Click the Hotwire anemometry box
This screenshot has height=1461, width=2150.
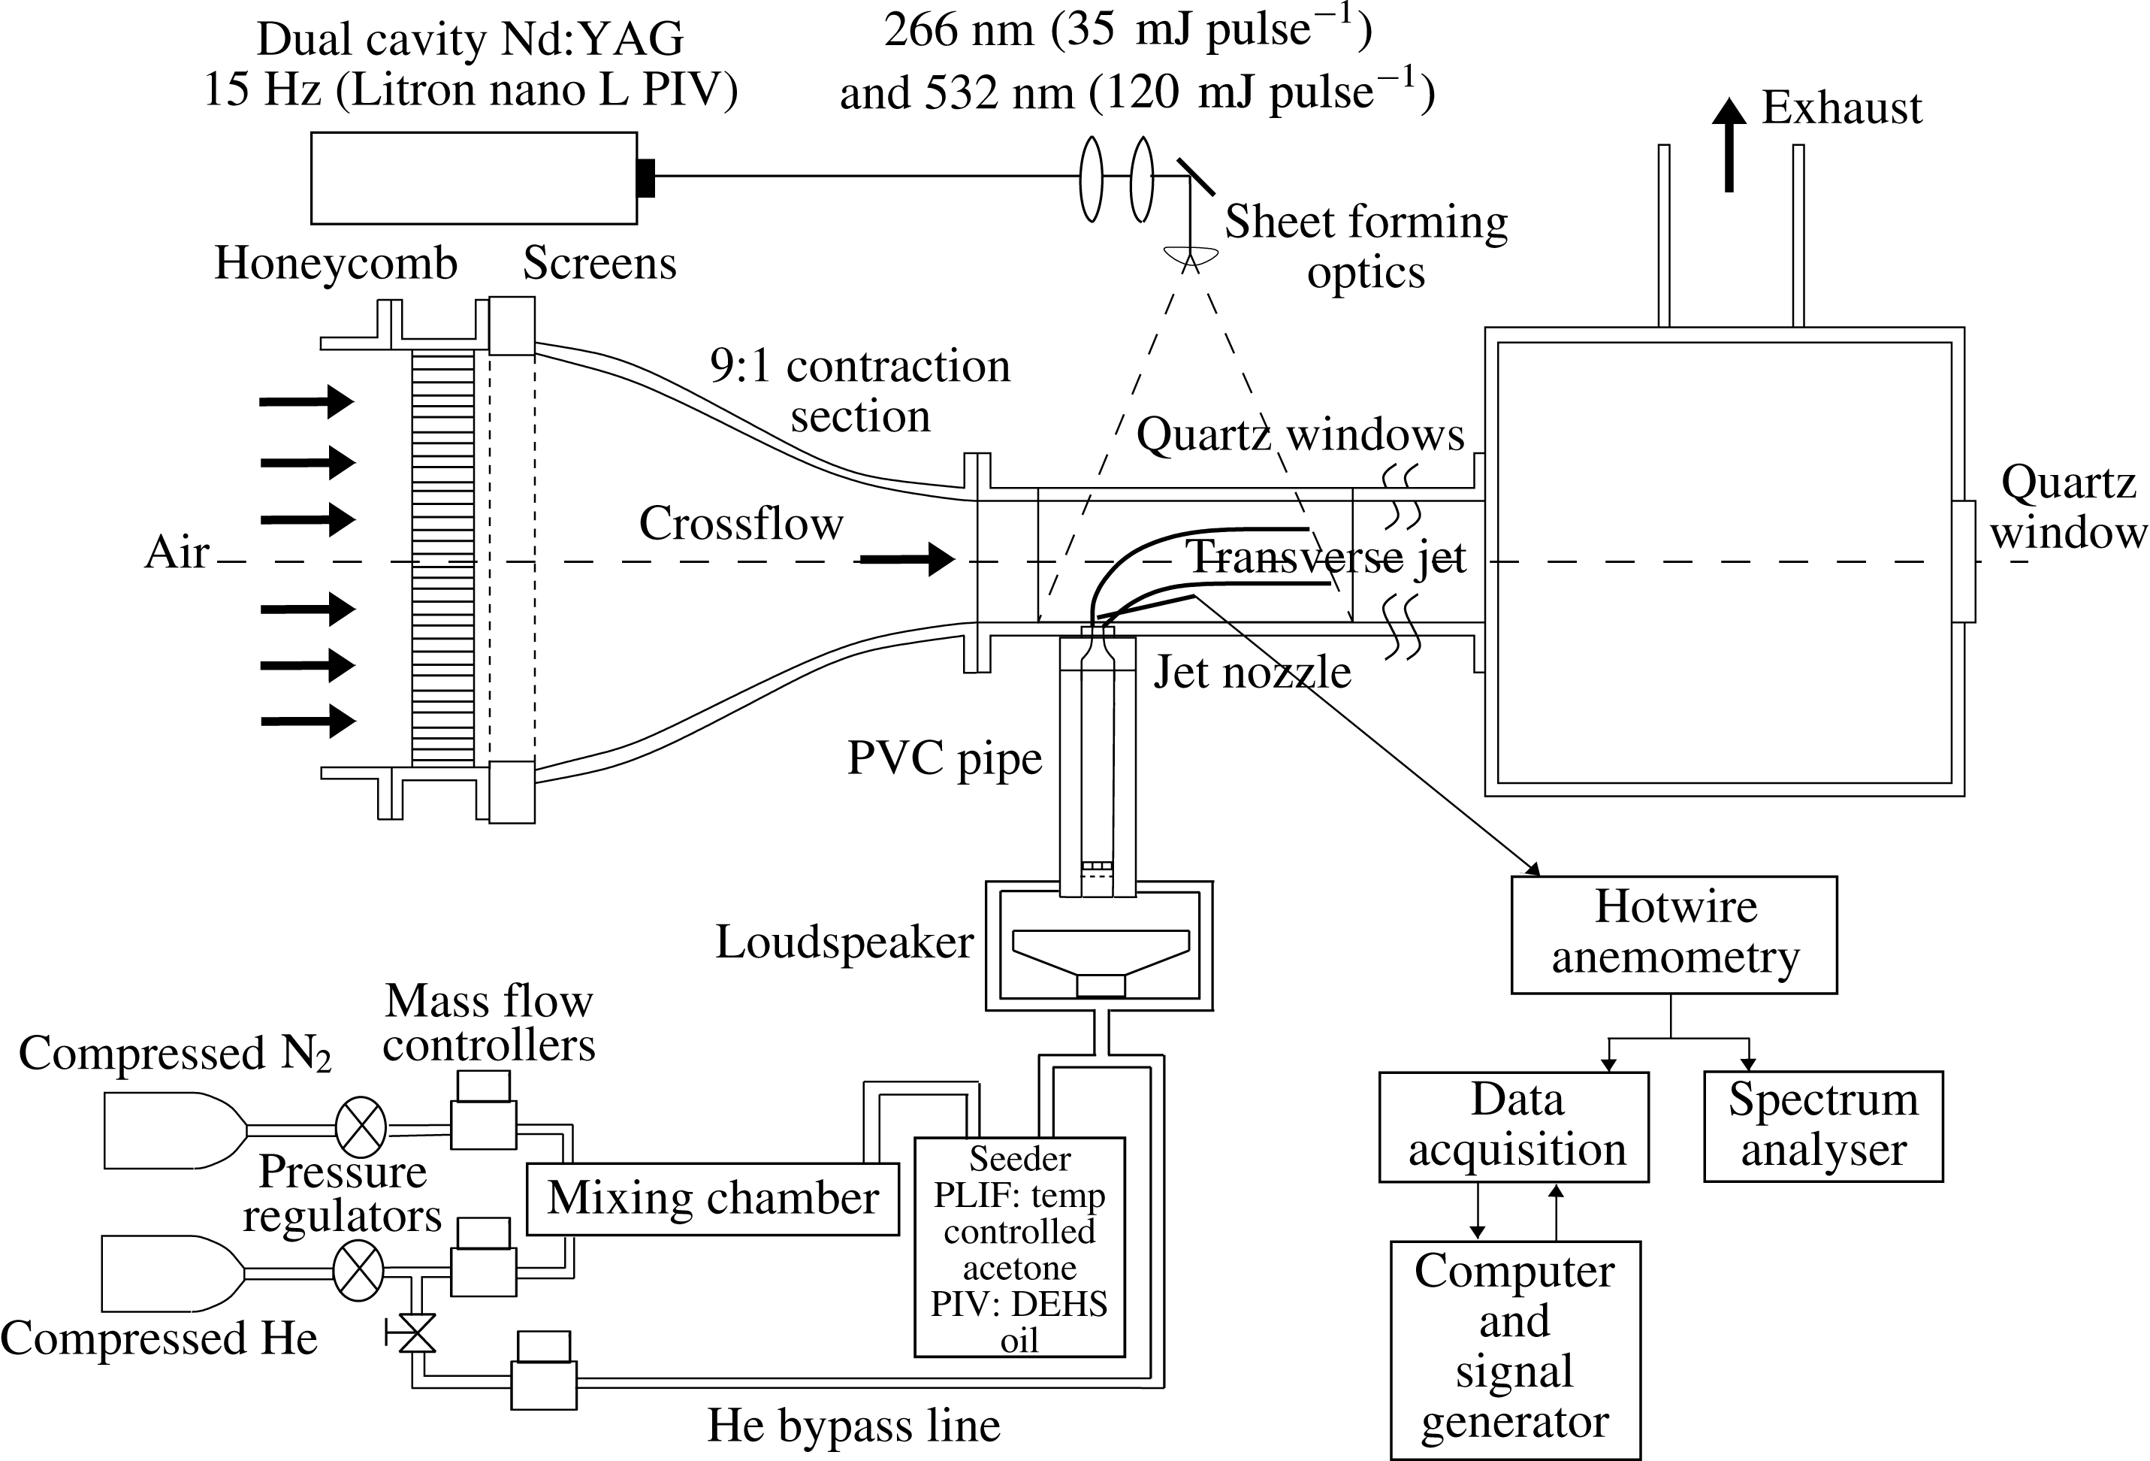[1674, 934]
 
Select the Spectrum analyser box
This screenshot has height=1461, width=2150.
[1822, 1126]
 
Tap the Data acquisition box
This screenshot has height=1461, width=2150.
[1514, 1126]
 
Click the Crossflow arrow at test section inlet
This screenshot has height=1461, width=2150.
[907, 559]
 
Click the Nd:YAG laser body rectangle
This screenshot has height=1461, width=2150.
[474, 177]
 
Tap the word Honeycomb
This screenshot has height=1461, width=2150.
[336, 263]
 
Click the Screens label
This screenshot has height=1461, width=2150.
[599, 263]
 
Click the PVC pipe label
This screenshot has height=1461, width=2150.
[944, 759]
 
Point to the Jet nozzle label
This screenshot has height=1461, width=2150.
[1251, 672]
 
